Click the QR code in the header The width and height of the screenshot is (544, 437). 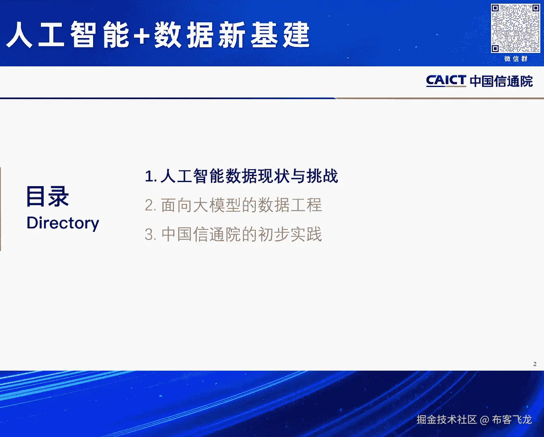(x=515, y=28)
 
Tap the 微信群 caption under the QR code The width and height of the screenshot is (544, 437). (x=516, y=59)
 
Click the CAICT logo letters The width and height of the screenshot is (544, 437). (x=446, y=81)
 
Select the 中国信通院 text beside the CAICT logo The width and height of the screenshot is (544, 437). (x=501, y=81)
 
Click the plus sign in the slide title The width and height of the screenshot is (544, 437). (x=142, y=35)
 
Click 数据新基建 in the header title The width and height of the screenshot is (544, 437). (x=232, y=35)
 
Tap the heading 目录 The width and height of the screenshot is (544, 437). (x=47, y=196)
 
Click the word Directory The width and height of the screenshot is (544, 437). (x=63, y=223)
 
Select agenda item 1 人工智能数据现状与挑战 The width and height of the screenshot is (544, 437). (x=241, y=176)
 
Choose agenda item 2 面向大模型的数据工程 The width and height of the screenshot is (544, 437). (x=233, y=205)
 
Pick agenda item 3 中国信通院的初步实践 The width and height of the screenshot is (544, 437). (x=233, y=234)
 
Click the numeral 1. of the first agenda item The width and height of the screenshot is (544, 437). (x=151, y=176)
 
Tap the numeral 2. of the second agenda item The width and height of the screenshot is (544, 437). (x=151, y=205)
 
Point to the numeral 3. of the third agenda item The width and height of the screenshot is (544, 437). (x=151, y=235)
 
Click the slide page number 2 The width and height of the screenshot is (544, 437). (x=535, y=364)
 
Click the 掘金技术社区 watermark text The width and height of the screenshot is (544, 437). (x=447, y=420)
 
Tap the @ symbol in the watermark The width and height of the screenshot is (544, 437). (x=484, y=420)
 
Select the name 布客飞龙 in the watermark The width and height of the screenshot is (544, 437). (x=512, y=420)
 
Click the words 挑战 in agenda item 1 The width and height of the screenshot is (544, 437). (x=322, y=176)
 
